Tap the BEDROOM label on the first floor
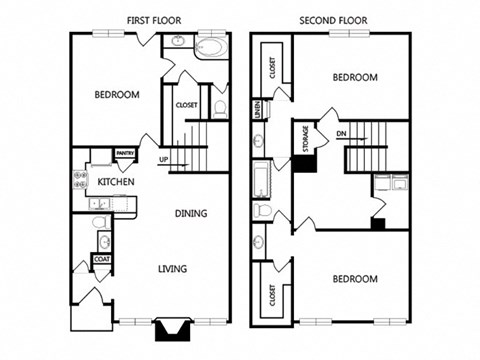(117, 96)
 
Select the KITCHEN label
(116, 181)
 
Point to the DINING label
(192, 213)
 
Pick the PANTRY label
(126, 153)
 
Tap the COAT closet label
(100, 259)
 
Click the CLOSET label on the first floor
(186, 105)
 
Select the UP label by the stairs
(161, 158)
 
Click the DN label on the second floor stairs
(341, 133)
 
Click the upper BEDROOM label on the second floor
(355, 77)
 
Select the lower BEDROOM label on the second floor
(355, 278)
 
